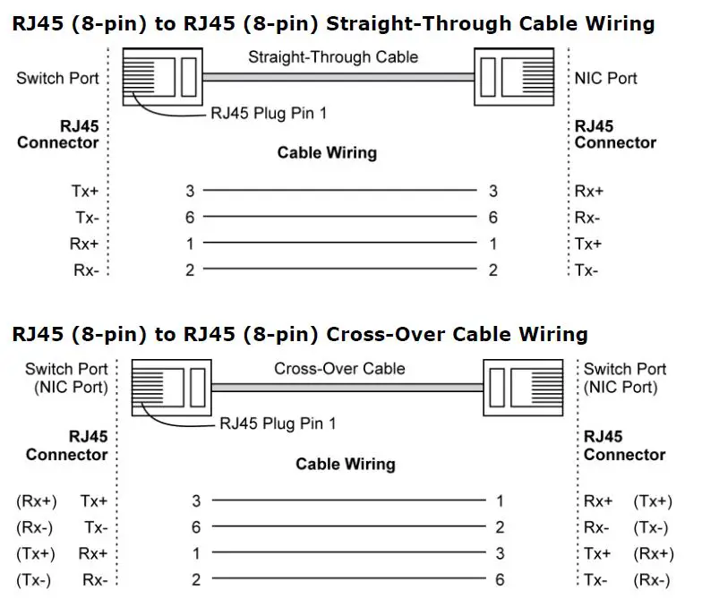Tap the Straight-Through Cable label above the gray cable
[x=332, y=57]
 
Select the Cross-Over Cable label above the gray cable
[x=339, y=368]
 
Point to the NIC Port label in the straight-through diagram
[x=605, y=78]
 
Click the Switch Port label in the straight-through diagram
[x=57, y=78]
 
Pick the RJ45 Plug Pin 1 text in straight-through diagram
[x=268, y=113]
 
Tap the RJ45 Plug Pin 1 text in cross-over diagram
[x=277, y=423]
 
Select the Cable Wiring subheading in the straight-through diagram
[x=327, y=152]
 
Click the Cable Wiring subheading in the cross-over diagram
[x=345, y=464]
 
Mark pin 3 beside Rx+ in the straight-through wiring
[x=493, y=191]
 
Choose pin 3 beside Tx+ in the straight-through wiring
[x=190, y=191]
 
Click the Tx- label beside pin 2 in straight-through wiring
[x=586, y=270]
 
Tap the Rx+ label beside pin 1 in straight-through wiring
[x=83, y=244]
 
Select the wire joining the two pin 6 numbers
[x=340, y=218]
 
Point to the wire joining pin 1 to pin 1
[x=340, y=244]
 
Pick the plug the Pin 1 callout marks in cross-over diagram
[x=171, y=386]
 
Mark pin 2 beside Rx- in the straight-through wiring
[x=190, y=270]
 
